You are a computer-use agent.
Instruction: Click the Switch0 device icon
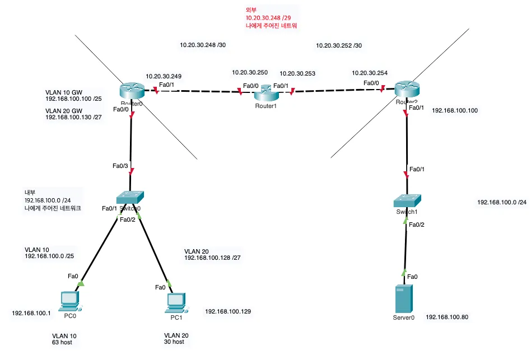click(130, 197)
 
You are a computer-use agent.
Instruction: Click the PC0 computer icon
click(70, 301)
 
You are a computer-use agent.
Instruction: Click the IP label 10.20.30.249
click(163, 76)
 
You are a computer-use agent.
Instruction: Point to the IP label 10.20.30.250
click(250, 73)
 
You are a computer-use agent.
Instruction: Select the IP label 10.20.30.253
click(297, 73)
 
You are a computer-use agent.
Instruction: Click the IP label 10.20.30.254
click(369, 73)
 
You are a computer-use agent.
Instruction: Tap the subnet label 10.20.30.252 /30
click(339, 46)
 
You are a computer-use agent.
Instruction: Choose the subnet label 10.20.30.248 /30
click(203, 44)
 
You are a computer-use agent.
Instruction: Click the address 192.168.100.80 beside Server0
click(446, 317)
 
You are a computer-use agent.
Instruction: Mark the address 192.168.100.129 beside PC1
click(228, 311)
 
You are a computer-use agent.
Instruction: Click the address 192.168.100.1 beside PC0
click(31, 313)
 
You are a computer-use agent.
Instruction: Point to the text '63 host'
click(62, 342)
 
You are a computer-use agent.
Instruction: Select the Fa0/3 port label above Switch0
click(120, 166)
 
